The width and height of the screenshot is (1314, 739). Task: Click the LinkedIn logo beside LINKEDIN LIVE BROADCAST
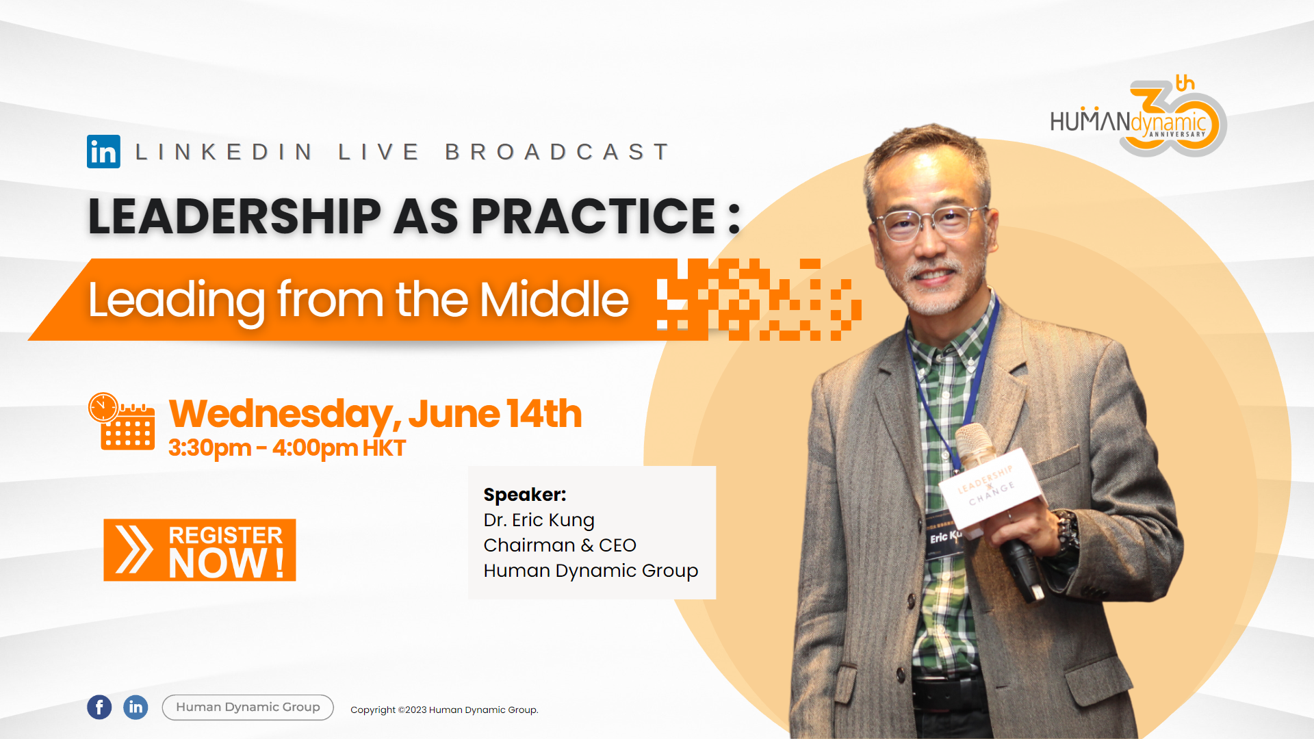tap(103, 151)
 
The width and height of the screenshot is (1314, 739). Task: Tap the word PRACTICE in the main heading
tap(593, 216)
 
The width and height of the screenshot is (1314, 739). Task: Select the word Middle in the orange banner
tap(554, 300)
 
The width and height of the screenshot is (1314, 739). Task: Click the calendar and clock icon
tap(122, 421)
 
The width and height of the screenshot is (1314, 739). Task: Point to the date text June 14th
tap(495, 413)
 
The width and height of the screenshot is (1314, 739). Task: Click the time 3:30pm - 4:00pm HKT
tap(287, 448)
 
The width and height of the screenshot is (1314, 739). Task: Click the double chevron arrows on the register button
tap(134, 549)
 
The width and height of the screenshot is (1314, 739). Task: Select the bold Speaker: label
tap(525, 494)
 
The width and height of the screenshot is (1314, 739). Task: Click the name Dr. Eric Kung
tap(539, 520)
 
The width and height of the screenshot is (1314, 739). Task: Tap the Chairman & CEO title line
tap(560, 545)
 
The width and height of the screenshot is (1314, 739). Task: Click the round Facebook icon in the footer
tap(99, 707)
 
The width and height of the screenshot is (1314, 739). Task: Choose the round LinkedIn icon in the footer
tap(136, 707)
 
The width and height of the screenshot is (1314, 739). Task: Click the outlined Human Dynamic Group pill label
tap(248, 707)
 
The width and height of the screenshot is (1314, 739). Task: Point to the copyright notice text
tap(444, 710)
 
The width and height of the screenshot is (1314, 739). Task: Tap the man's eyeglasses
tap(933, 221)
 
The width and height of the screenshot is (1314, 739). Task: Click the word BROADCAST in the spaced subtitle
tap(558, 151)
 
